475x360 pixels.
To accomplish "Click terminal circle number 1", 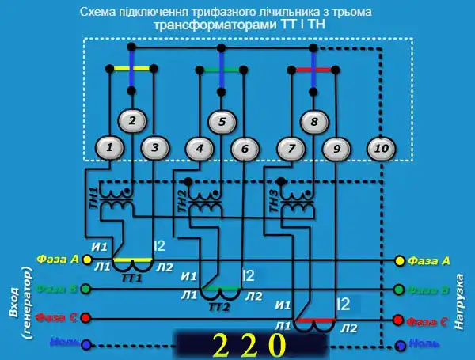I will click(x=112, y=146).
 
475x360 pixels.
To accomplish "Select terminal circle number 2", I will click(x=133, y=121).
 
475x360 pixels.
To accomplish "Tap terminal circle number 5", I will click(x=222, y=122).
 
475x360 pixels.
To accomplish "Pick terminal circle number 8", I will click(x=314, y=122).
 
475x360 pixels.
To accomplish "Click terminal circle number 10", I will click(x=381, y=146).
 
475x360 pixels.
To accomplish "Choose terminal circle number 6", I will click(x=245, y=147).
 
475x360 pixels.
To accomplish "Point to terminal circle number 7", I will click(x=292, y=147).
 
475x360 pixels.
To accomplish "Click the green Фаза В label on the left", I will click(x=57, y=290).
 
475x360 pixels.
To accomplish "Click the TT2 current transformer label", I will click(x=218, y=306).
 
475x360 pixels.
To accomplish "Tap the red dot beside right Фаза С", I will click(x=399, y=320).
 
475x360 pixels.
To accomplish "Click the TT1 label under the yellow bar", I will click(x=131, y=278).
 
